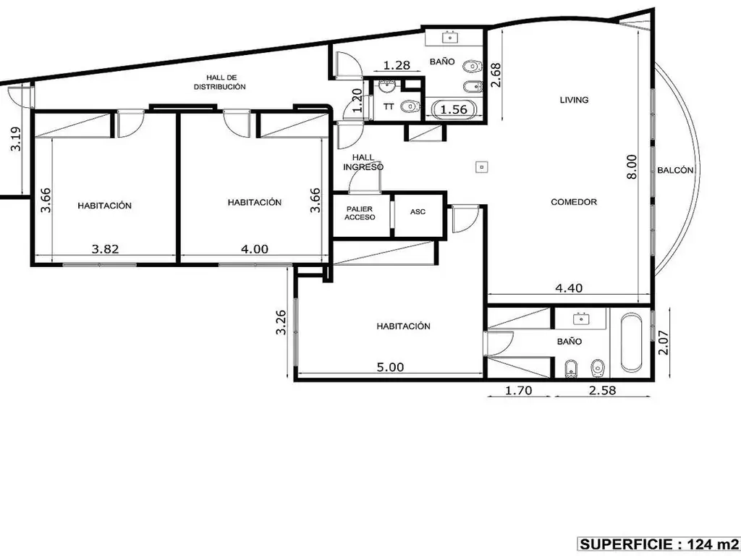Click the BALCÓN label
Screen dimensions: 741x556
point(675,170)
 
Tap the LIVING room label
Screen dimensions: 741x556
point(574,100)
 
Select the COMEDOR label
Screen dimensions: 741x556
point(574,202)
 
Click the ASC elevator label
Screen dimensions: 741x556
point(418,212)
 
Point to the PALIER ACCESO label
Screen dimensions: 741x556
point(360,214)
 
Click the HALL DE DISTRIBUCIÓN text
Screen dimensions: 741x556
point(220,83)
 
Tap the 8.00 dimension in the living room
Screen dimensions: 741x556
point(632,167)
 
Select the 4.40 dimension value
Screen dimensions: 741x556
point(569,287)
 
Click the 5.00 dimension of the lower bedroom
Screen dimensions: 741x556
point(390,367)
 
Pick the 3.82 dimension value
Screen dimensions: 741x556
point(105,249)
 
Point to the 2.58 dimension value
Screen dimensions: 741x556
point(603,390)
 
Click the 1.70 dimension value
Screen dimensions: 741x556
point(518,390)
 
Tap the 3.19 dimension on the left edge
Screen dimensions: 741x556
point(16,139)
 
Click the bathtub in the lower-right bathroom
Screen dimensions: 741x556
point(631,342)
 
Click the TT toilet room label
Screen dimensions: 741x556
point(389,107)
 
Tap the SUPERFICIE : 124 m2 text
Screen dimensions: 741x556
point(659,544)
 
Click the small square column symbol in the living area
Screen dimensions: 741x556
point(481,167)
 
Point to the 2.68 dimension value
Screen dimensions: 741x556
point(496,75)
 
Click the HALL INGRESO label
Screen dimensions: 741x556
point(363,162)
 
